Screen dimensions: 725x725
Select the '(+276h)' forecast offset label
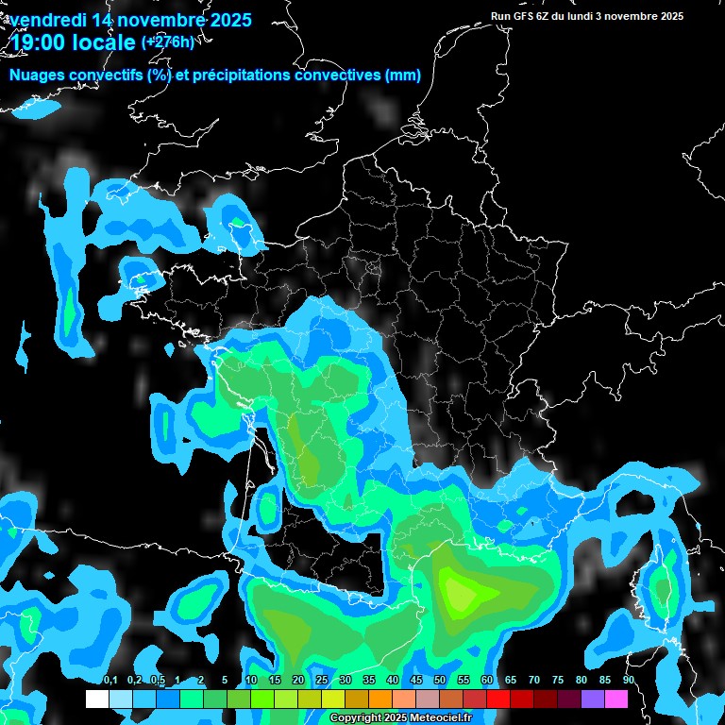168,42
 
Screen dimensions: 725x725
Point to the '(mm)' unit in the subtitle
402,75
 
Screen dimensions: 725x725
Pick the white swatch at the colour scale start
96,699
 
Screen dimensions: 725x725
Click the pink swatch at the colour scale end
616,699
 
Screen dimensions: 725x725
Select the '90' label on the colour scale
629,681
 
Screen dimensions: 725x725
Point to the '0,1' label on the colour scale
110,681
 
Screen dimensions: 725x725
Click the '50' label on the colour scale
440,681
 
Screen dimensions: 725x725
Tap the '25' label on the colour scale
322,681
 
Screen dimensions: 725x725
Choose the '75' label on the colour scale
558,681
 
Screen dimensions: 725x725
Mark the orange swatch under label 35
380,699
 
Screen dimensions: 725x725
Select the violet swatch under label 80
593,699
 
